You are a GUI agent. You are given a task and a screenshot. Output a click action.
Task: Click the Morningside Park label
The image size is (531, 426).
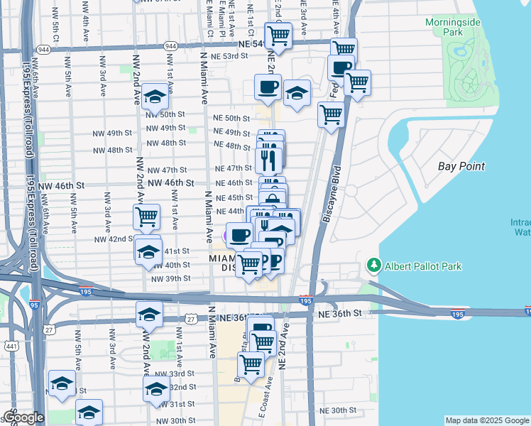tap(453, 28)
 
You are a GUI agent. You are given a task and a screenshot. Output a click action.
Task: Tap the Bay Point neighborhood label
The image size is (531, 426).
tap(461, 166)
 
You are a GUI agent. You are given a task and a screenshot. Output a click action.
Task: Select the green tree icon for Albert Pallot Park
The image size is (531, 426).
tap(373, 266)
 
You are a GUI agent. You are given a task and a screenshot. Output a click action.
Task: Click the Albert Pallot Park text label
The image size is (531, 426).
tap(423, 266)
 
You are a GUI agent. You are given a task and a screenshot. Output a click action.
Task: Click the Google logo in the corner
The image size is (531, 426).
tap(23, 417)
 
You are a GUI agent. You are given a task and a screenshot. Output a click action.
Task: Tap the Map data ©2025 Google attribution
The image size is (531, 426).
tap(486, 420)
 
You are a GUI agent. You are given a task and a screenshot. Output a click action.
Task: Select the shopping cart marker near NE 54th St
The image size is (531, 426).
tap(278, 35)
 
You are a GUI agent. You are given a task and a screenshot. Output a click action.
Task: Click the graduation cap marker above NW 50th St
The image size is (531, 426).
tap(155, 97)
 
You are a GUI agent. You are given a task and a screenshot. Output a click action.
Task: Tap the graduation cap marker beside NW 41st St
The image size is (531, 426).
tap(148, 251)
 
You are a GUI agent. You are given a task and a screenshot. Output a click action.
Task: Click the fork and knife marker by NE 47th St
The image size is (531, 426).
tap(268, 159)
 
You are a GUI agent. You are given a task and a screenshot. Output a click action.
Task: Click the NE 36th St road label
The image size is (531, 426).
tap(341, 313)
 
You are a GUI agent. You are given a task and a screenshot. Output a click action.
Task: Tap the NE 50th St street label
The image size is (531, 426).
tap(232, 118)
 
